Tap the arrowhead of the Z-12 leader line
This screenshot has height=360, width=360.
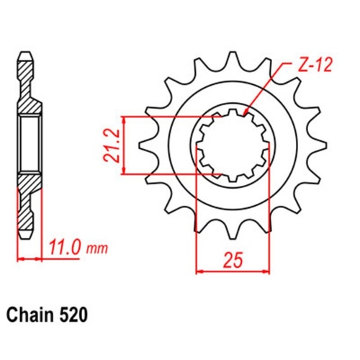coord(245,112)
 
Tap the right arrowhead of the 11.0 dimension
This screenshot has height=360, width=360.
coord(40,258)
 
